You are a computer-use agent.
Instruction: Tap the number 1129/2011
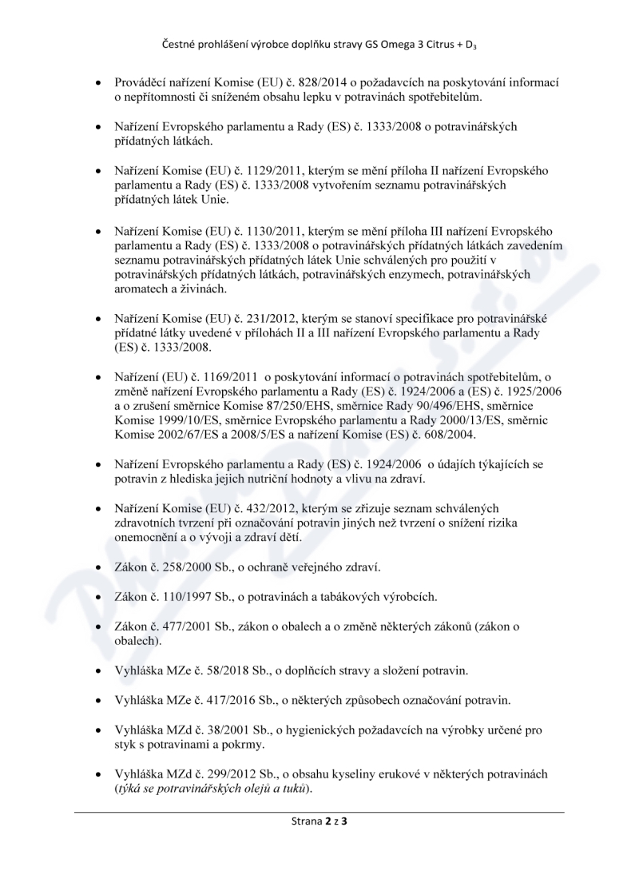pyautogui.click(x=270, y=171)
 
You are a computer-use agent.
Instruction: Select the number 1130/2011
pyautogui.click(x=270, y=231)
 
